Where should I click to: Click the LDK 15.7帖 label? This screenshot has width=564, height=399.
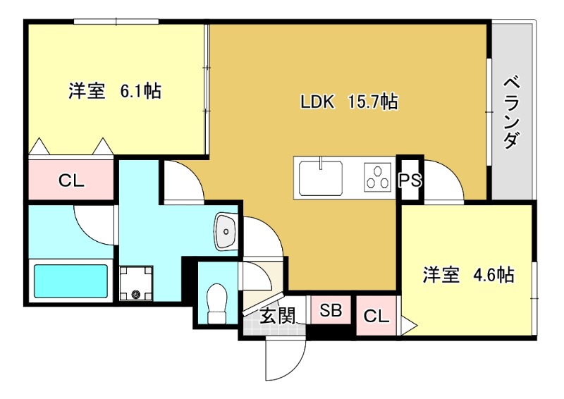[349, 102]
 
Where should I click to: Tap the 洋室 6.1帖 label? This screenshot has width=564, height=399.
[114, 91]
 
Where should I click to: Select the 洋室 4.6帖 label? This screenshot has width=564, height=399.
[467, 275]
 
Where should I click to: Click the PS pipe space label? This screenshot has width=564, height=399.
[410, 180]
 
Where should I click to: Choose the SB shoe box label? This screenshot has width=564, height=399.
[331, 310]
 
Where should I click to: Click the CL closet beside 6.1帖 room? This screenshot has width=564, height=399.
[70, 180]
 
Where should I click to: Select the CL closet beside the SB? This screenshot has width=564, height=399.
[376, 317]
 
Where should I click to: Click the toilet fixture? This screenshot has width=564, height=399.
[217, 302]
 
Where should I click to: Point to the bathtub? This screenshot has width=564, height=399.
[70, 281]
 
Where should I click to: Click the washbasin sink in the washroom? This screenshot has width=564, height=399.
[226, 231]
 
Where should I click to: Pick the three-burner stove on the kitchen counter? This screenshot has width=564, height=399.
[378, 177]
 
